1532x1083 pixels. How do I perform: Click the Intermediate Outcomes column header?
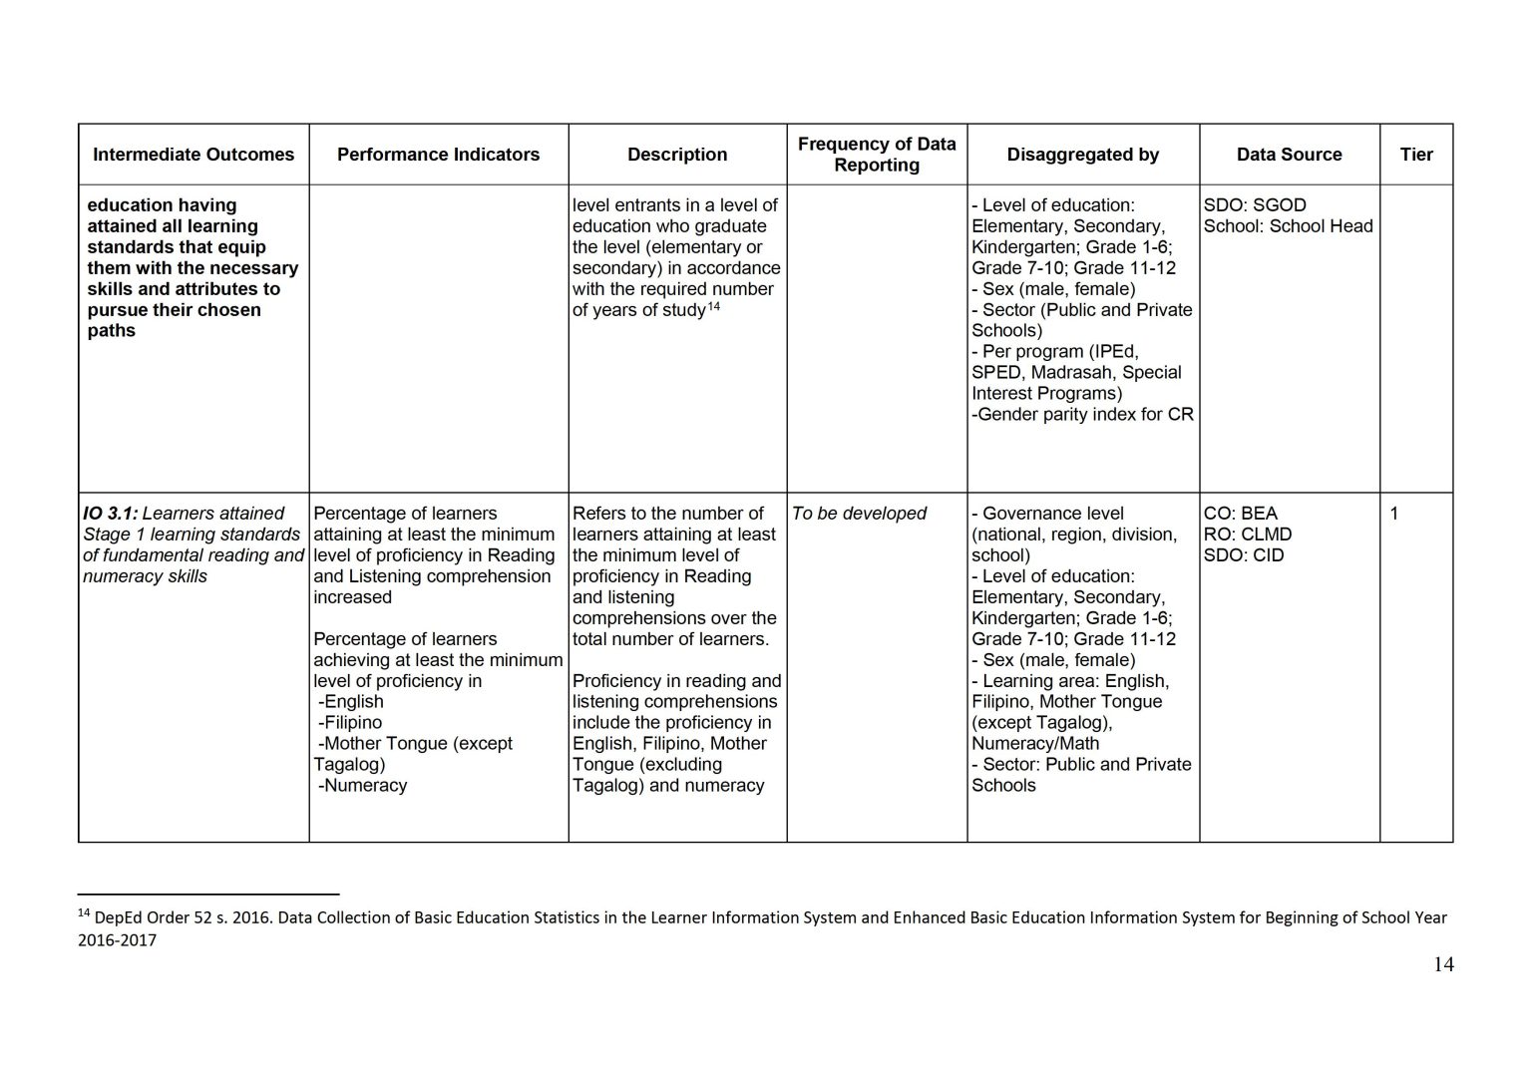point(193,155)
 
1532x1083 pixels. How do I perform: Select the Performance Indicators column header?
point(438,155)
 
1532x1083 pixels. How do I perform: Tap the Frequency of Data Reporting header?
point(877,155)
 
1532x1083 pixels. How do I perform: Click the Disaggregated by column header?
point(1082,155)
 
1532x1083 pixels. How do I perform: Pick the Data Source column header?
point(1289,155)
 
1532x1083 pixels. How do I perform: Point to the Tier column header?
point(1415,155)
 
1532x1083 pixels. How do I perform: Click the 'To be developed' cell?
point(859,514)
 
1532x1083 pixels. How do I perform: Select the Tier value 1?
point(1394,514)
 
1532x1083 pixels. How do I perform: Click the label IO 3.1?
point(110,514)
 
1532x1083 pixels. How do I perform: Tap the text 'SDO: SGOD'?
point(1254,205)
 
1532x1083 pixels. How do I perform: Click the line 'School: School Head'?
point(1288,226)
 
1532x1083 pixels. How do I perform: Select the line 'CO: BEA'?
point(1240,514)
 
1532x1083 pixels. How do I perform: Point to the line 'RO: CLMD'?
point(1247,535)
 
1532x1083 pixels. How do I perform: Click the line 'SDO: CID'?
point(1244,555)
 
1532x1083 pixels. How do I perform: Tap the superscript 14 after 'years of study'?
point(714,306)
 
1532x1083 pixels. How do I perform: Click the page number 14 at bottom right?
point(1442,964)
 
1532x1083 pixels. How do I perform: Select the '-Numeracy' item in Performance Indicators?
point(363,786)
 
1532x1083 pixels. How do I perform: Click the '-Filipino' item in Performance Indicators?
point(350,723)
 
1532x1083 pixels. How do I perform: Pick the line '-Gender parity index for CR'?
point(1082,415)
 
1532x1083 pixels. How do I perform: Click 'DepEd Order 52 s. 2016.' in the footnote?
point(183,917)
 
